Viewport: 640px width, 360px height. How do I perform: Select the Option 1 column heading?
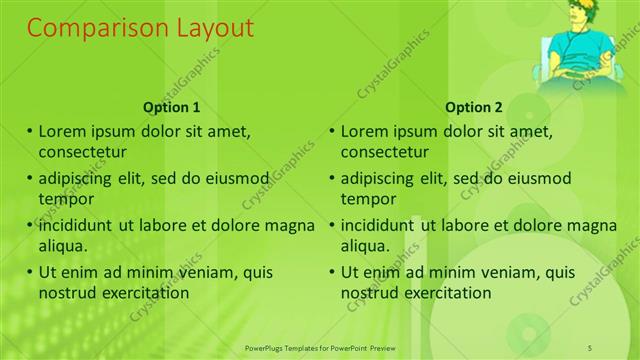(172, 108)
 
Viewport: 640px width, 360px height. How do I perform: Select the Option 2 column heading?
(474, 108)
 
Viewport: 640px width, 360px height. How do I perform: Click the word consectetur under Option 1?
(83, 153)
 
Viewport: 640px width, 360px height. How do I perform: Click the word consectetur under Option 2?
(385, 153)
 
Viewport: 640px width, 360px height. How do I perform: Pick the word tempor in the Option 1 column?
(65, 199)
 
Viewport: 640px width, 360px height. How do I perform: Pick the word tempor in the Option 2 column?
(367, 199)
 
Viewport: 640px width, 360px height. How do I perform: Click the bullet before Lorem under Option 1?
(30, 131)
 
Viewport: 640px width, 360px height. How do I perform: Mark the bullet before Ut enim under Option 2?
(332, 272)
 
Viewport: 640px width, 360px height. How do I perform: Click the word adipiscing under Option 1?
(79, 179)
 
